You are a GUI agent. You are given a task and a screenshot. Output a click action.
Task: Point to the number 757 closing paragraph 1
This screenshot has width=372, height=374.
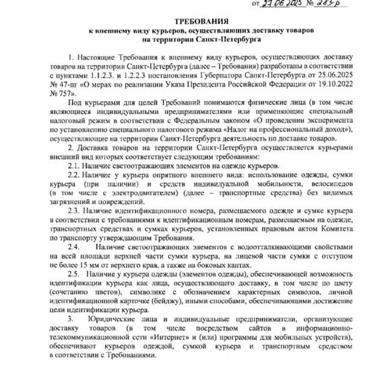click(64, 94)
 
